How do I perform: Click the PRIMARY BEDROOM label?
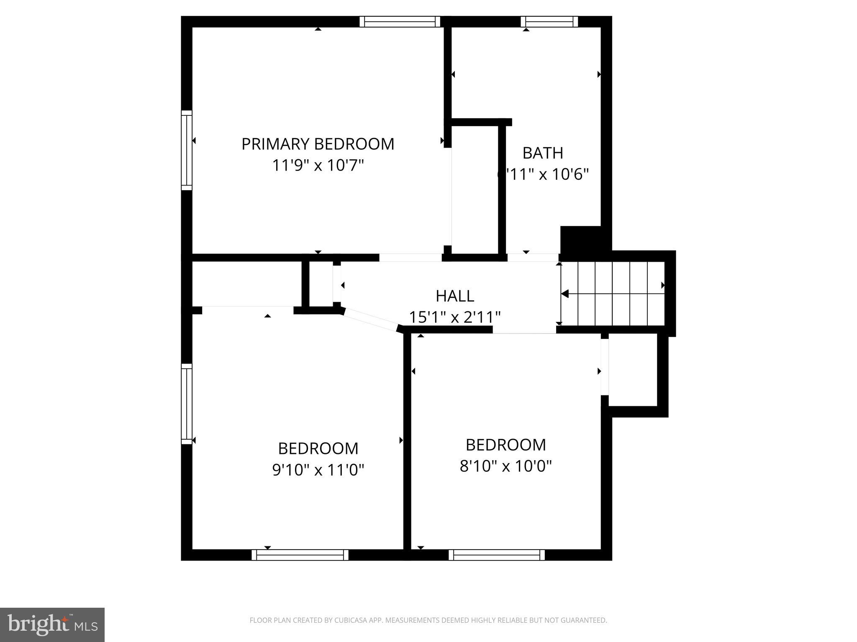pos(318,144)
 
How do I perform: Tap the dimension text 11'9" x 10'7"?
pos(318,166)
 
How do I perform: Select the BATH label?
pos(543,153)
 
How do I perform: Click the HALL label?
pos(455,296)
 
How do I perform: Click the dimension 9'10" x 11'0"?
pos(318,470)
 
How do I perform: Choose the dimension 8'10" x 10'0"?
pos(505,466)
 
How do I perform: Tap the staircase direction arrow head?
pos(564,294)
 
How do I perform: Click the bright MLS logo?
pos(52,624)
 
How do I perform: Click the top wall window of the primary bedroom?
pos(400,22)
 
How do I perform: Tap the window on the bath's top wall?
pos(549,22)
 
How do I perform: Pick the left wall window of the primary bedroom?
pos(187,150)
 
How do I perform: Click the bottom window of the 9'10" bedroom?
pos(300,555)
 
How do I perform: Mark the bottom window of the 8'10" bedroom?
pos(496,555)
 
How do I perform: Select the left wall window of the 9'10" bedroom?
pos(187,403)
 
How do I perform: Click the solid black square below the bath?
pos(581,239)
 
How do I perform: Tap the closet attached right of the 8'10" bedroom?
pos(632,369)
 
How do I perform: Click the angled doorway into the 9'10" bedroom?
pos(370,320)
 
